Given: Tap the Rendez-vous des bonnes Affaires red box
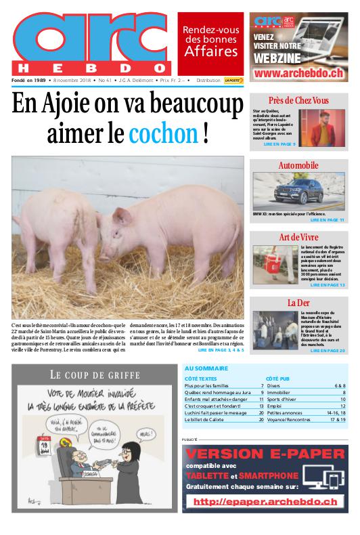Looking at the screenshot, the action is [210, 41].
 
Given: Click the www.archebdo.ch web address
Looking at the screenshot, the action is [298, 72].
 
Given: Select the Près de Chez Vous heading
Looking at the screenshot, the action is [298, 100].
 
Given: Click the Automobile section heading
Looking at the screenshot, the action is [298, 165].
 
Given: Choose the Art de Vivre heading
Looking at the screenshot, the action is [298, 236].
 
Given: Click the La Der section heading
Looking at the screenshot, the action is [298, 302].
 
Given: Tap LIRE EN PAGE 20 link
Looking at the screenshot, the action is [328, 351].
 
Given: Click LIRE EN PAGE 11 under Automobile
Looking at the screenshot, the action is [328, 220].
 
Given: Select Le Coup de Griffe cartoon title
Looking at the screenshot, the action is [95, 374].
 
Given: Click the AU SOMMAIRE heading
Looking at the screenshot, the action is [206, 368].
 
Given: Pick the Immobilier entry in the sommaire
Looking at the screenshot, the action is [279, 392].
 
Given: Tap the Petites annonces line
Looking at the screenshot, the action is [284, 412].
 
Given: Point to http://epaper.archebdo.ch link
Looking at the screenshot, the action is [265, 502].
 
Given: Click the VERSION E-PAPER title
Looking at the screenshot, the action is [265, 454].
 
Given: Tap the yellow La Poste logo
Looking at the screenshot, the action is [234, 81].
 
